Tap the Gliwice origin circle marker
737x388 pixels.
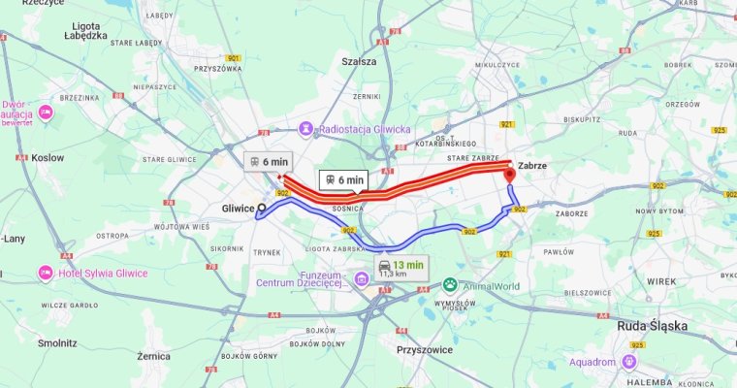pos(262,209)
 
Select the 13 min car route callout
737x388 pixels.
pos(401,269)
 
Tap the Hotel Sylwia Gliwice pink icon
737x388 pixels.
pos(46,274)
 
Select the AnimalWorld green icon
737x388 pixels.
pos(450,286)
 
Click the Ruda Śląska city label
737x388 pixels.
pos(653,327)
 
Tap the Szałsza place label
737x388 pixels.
pos(359,61)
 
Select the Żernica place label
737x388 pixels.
pos(153,356)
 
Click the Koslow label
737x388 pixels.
pos(48,157)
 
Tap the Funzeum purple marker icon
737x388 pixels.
pos(361,280)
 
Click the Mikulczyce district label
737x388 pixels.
pos(497,64)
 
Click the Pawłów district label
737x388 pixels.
pos(560,251)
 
